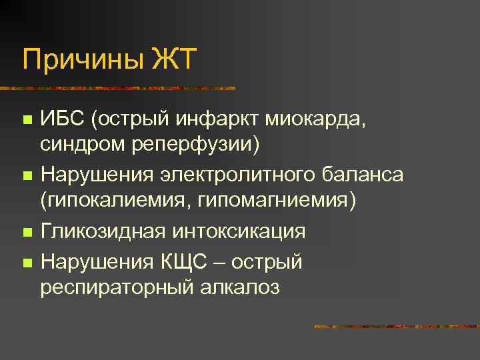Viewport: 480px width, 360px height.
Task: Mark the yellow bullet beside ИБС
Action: coord(27,121)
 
